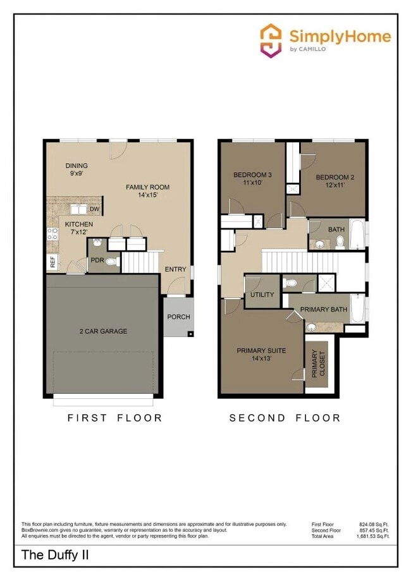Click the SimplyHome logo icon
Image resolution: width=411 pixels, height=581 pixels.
click(x=271, y=40)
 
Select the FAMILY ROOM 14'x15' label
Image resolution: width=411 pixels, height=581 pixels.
click(x=147, y=191)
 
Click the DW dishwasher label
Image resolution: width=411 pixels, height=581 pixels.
click(x=94, y=209)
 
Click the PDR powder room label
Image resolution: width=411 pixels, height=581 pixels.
click(x=97, y=260)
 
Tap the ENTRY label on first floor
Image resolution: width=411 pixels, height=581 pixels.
click(x=175, y=270)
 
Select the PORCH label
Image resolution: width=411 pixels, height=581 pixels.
click(x=178, y=317)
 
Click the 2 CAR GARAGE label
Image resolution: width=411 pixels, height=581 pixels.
click(x=103, y=331)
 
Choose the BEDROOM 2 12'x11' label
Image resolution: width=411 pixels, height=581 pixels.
click(x=334, y=181)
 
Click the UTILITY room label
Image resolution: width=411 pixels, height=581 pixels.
click(x=262, y=295)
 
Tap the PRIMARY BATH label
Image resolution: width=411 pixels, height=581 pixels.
click(x=324, y=309)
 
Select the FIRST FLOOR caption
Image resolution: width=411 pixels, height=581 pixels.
click(x=114, y=418)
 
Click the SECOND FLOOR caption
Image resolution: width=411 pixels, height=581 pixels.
click(x=285, y=418)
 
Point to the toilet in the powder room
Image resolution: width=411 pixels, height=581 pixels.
click(x=111, y=260)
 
